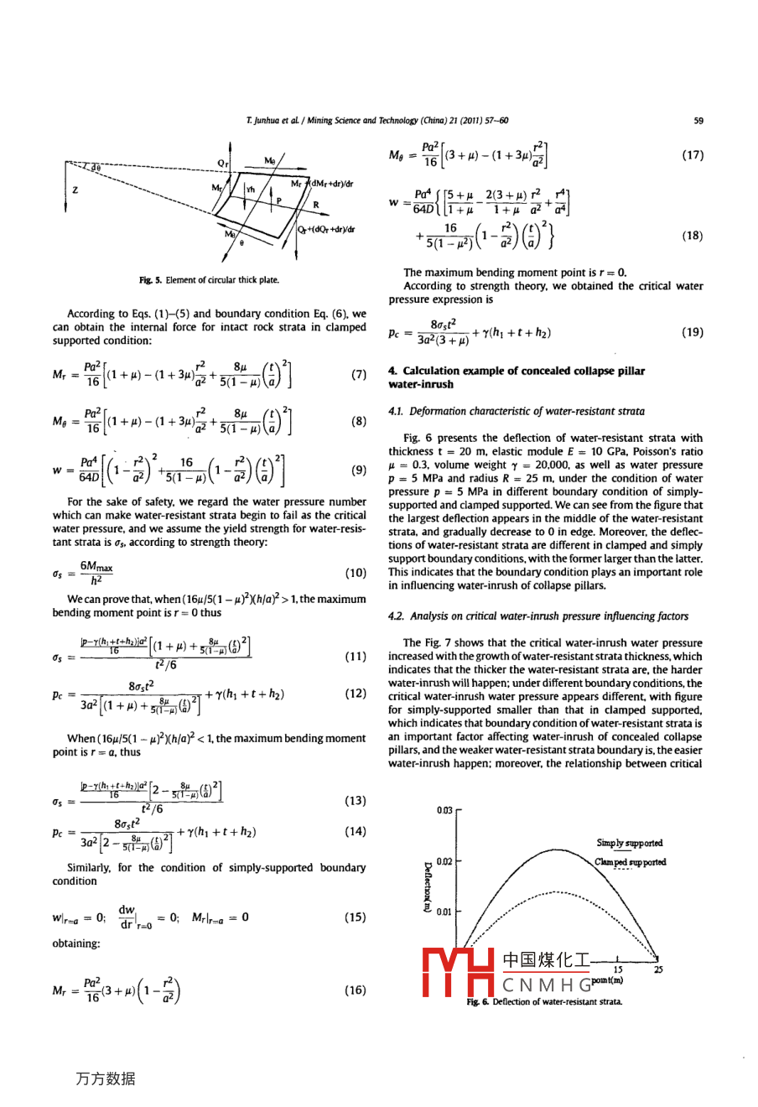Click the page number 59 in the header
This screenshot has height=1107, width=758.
coord(698,121)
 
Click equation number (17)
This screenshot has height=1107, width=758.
coord(693,155)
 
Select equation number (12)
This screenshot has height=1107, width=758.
coord(356,694)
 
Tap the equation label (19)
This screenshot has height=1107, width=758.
coord(693,332)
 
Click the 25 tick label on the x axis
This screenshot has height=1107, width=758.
coord(658,969)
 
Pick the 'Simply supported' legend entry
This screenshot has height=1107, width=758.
coord(630,843)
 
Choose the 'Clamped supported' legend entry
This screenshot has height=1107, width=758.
coord(631,861)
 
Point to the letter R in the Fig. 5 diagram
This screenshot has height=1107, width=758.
coord(315,204)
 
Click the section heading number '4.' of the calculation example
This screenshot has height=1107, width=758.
coord(392,371)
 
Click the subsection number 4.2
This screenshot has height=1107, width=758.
coord(396,616)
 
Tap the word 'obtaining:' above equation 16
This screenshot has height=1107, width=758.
coord(76,943)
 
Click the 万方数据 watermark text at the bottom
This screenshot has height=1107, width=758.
coord(105,1078)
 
